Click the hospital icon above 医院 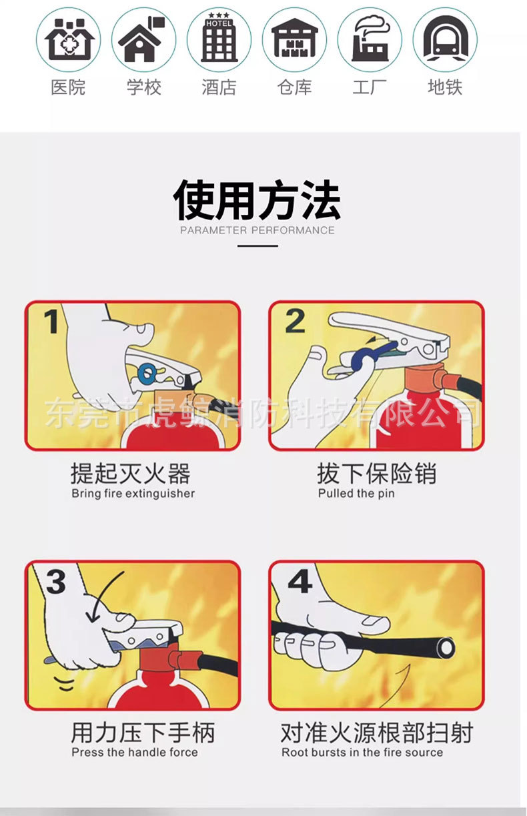68,40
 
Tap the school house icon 143,40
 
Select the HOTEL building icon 219,40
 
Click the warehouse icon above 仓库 294,40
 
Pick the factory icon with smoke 370,40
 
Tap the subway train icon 445,40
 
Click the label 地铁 445,87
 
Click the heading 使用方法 257,199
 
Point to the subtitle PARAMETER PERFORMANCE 257,230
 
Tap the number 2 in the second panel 295,322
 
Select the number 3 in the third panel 55,582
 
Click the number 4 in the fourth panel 300,582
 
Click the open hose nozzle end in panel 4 445,647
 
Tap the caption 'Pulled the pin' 356,494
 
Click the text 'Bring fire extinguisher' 133,494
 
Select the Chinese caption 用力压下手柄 143,733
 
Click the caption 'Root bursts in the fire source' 362,752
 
